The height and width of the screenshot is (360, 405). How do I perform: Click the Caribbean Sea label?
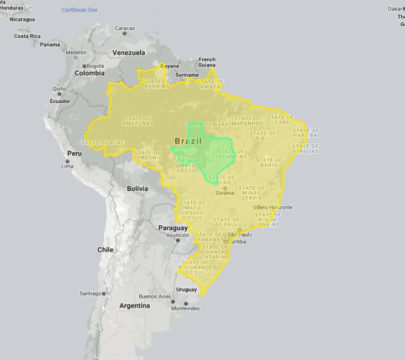[80, 10]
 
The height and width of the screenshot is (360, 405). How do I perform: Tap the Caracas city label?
[124, 28]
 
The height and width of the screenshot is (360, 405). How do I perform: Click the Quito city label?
[59, 88]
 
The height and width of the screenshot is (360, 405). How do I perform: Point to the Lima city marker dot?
[67, 161]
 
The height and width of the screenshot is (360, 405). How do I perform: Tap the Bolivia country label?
[138, 188]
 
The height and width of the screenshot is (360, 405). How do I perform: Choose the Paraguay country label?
[173, 227]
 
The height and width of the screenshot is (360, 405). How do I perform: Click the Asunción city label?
[178, 234]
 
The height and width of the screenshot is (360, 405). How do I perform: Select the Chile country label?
[106, 250]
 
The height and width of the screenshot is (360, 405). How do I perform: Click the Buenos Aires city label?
[155, 296]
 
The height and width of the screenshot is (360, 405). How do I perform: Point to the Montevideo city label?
[186, 308]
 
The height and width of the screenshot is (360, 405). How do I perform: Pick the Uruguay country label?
[186, 289]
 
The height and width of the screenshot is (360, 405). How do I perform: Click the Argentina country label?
[134, 305]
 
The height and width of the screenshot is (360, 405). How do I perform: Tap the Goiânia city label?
[225, 193]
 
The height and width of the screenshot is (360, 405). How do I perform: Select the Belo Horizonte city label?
[275, 208]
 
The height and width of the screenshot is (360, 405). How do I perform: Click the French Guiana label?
[207, 62]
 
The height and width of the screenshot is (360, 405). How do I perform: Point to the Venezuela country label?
[129, 53]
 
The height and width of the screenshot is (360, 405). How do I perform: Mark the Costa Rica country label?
[28, 36]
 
